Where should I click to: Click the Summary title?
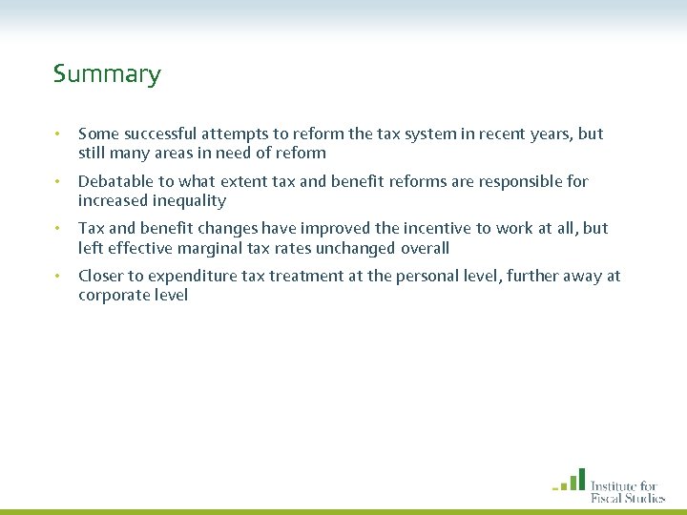[107, 74]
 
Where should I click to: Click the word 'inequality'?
[187, 200]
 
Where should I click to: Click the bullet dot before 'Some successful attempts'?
[58, 134]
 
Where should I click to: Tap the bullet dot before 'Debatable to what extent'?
[58, 182]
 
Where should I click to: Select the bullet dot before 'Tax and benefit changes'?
[58, 229]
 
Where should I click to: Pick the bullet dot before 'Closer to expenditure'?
[58, 277]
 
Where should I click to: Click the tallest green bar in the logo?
[581, 479]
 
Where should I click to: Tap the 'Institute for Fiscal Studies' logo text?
[627, 491]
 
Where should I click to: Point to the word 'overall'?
[424, 248]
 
